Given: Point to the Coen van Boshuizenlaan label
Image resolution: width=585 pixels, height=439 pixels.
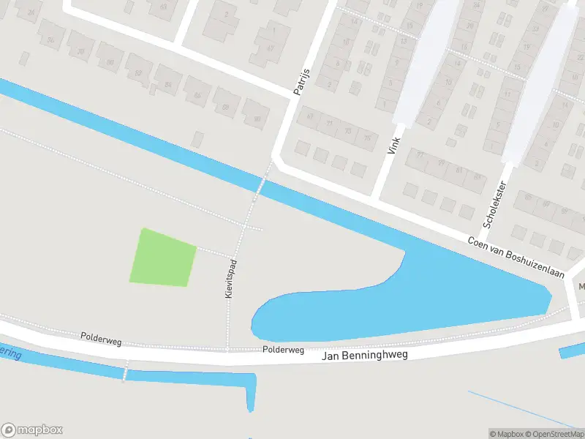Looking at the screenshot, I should [x=517, y=258].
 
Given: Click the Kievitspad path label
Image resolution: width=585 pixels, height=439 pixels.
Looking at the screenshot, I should [x=230, y=278].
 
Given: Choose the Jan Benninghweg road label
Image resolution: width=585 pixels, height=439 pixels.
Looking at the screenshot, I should [x=364, y=355].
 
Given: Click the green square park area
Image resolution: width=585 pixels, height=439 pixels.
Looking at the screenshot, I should [x=163, y=257].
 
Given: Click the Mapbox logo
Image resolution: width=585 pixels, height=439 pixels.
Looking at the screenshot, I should [x=32, y=430].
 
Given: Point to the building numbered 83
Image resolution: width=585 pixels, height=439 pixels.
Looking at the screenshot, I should [x=475, y=177].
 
